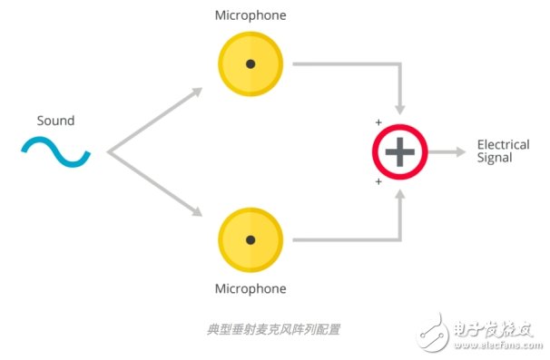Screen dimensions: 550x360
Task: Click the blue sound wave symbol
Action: (56, 152)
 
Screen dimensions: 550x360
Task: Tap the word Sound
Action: (55, 121)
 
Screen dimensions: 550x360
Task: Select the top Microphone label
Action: (250, 16)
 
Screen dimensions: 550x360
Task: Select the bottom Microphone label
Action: (250, 289)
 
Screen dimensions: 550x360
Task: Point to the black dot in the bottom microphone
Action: (250, 240)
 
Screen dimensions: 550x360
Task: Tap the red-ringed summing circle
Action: (399, 151)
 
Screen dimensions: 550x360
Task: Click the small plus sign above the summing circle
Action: (378, 122)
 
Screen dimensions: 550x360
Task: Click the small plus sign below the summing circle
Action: (378, 182)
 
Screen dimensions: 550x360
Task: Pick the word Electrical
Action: (503, 145)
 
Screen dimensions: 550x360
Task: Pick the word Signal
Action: (495, 158)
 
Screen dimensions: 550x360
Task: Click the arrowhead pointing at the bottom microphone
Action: (196, 213)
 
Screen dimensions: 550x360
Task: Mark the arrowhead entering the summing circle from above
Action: (399, 111)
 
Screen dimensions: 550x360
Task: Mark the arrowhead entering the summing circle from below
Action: (399, 193)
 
